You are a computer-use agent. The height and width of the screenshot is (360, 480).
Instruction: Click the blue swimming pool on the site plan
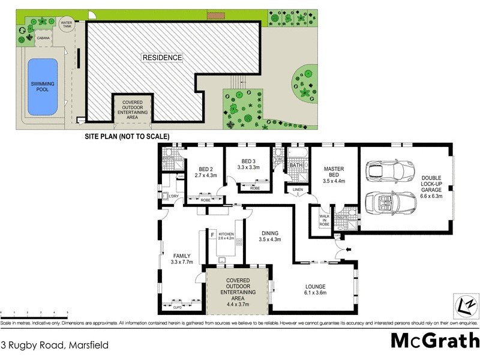pos(43,88)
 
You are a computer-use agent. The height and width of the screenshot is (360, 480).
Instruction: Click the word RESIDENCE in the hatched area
pos(162,58)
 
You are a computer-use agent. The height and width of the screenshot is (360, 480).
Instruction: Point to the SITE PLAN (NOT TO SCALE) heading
pos(127,137)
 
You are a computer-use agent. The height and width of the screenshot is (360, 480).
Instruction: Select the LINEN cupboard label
pos(298,190)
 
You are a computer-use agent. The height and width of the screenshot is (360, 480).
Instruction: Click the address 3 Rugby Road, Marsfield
pos(46,345)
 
